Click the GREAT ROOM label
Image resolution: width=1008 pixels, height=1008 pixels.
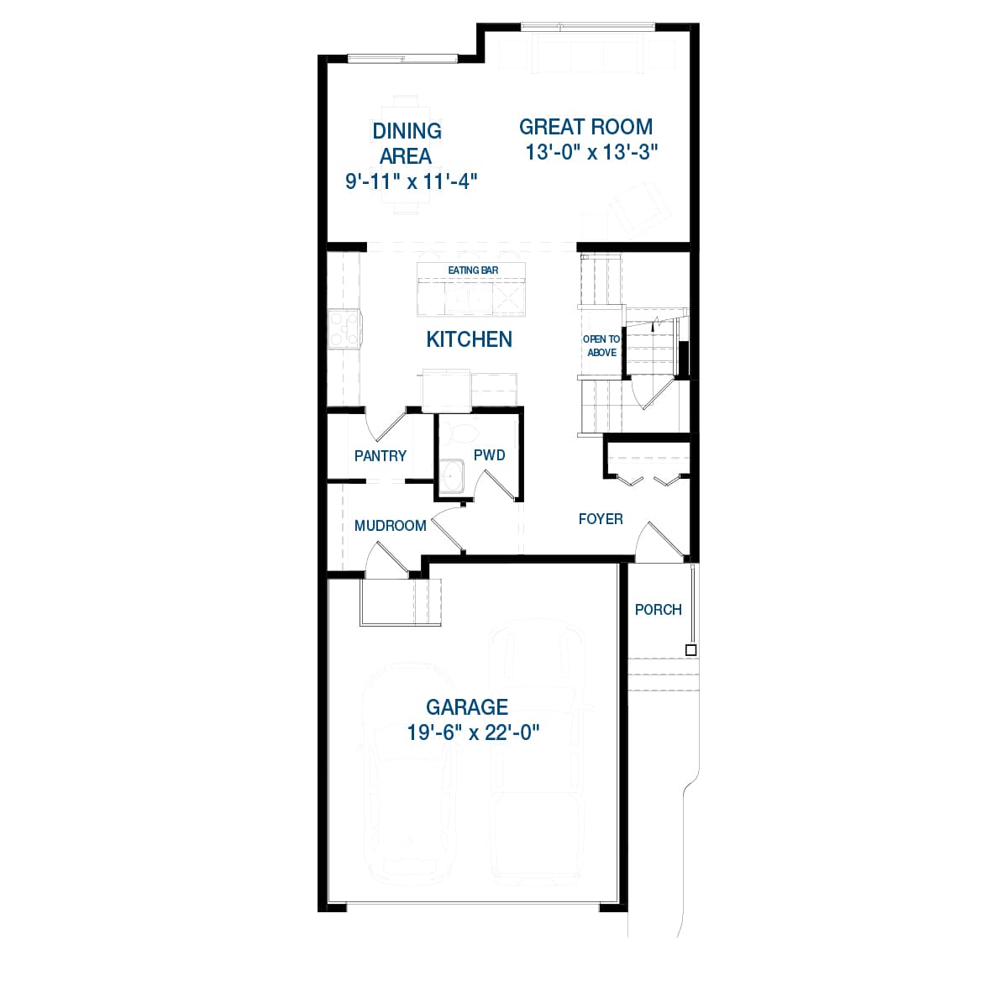(x=585, y=127)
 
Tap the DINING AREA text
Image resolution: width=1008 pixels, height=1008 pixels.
(x=407, y=143)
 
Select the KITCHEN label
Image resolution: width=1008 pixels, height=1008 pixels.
(x=469, y=339)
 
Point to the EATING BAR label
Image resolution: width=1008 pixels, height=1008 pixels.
(x=473, y=270)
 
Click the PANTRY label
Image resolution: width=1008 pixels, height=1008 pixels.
(x=381, y=456)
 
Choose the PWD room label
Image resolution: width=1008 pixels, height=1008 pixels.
(x=489, y=455)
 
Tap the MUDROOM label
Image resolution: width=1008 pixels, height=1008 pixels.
(x=390, y=526)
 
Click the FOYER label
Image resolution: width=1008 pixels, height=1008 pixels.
(x=601, y=519)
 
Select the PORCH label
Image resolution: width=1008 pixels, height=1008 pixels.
(x=658, y=610)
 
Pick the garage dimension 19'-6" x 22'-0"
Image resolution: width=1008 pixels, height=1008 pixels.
(x=473, y=732)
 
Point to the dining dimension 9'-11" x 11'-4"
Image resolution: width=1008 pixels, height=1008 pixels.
(x=412, y=181)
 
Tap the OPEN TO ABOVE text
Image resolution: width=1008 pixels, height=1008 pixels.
(x=601, y=346)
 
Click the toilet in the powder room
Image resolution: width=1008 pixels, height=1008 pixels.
(x=461, y=432)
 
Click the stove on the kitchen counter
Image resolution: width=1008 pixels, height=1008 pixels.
(x=344, y=328)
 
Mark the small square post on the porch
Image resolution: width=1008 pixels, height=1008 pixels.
(x=690, y=650)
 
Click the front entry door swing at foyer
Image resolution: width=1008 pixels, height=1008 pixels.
(x=661, y=543)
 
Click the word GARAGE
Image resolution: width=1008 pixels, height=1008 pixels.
(x=467, y=707)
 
